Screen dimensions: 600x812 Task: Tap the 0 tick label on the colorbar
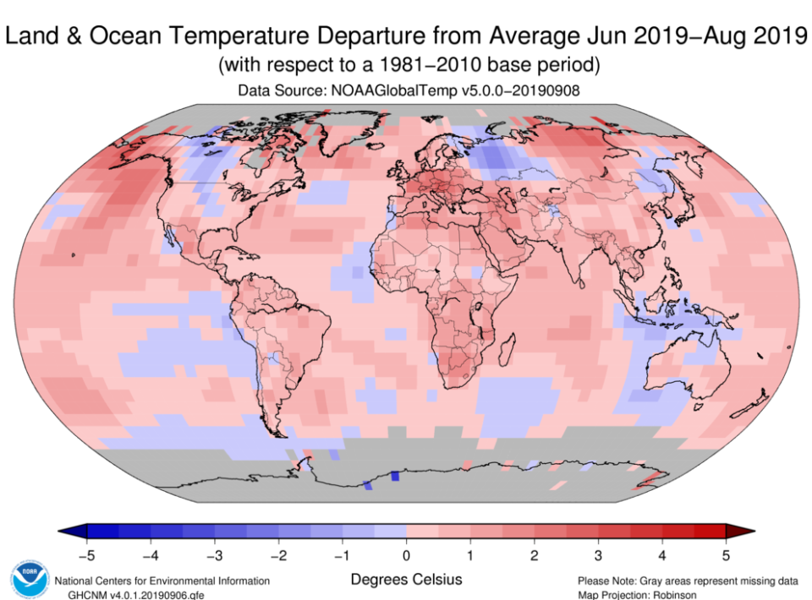click(x=406, y=555)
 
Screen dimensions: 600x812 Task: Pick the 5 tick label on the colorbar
click(x=725, y=555)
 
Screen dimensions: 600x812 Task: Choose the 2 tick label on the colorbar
click(x=534, y=555)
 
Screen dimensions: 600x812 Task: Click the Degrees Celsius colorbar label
click(x=406, y=580)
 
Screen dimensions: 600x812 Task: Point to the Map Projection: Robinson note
click(x=638, y=594)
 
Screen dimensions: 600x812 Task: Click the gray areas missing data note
click(x=687, y=581)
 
